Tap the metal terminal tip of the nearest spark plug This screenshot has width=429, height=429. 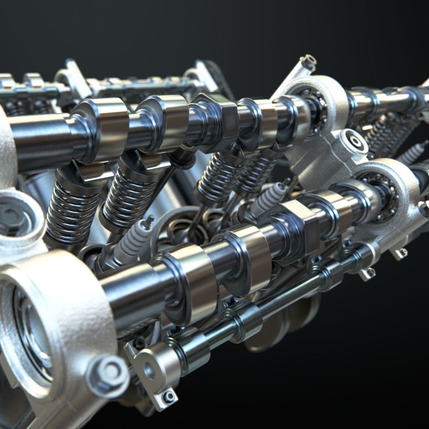(x=149, y=219)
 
